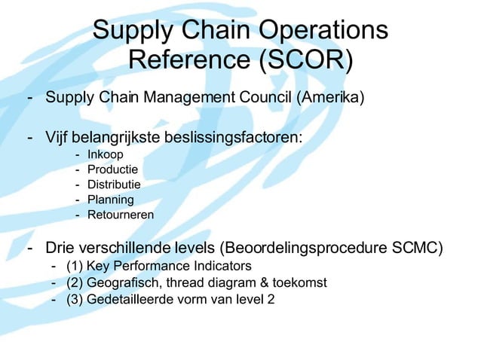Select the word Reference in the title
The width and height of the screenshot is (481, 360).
coord(188,58)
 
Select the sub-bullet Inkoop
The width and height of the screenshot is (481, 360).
coord(105,155)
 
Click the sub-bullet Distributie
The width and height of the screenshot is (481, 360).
coord(114,185)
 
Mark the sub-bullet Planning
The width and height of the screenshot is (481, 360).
coord(111,200)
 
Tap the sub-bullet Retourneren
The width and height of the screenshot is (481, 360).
coord(121,215)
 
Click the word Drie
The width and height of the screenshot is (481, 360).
coord(60,249)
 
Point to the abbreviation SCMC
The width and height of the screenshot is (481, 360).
coord(418,249)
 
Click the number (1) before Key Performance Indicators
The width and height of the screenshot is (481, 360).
coord(75,266)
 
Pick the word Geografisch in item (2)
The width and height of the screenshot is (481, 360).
coord(122,282)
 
